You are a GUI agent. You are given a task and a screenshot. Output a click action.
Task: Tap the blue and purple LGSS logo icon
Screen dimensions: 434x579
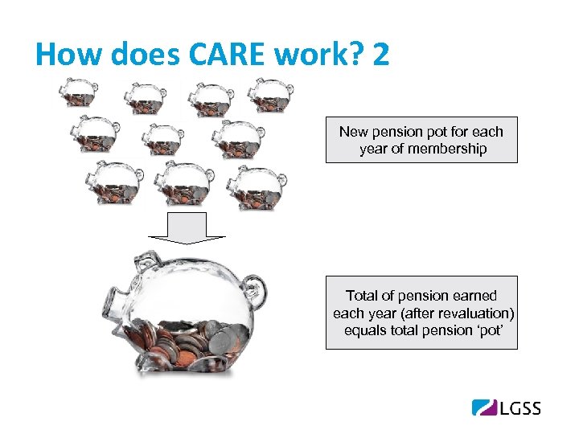point(484,407)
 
